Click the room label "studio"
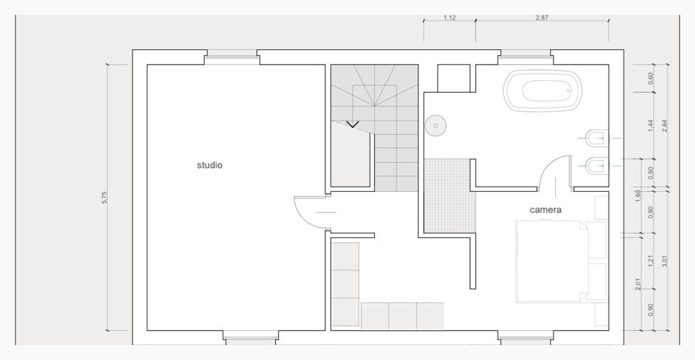coord(210,165)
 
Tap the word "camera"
coord(545,210)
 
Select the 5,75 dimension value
coord(105,198)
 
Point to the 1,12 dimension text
coord(449,18)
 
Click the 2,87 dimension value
coord(542,18)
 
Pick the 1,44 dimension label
coord(650,126)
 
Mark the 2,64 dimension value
coord(664,126)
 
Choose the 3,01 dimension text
coord(664,261)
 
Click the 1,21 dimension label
coord(650,261)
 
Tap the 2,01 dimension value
coord(638,284)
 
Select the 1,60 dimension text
coord(638,196)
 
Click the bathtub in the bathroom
coord(543,91)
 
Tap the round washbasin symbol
coord(436,126)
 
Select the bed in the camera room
coord(552,261)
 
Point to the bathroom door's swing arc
coord(548,166)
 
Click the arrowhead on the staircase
coord(353,124)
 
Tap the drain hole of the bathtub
coord(569,91)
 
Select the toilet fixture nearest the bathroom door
coord(595,166)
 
